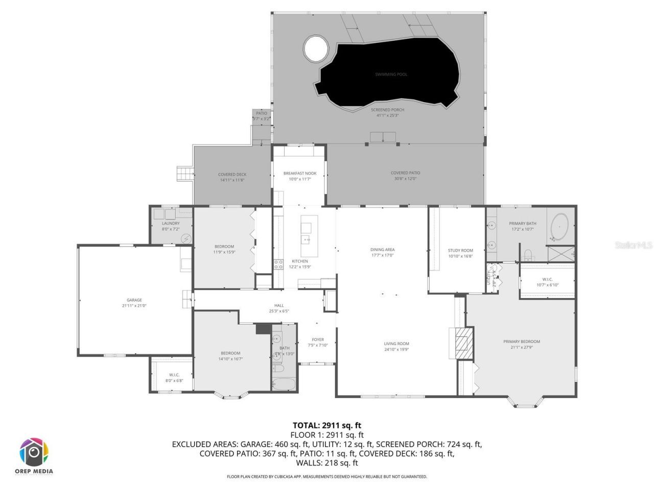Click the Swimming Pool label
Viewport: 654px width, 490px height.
coord(391,75)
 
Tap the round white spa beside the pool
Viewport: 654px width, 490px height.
coord(316,49)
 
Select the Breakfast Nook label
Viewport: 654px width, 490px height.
coord(300,174)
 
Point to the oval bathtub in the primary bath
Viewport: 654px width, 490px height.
coord(560,227)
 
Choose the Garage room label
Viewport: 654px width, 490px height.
coord(134,300)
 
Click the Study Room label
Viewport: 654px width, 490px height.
coord(460,251)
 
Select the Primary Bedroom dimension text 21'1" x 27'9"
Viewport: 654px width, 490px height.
coord(521,348)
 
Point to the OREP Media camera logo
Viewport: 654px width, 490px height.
coord(34,452)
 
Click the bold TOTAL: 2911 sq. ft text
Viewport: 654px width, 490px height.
coord(327,425)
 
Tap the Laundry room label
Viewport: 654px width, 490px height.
coord(171,224)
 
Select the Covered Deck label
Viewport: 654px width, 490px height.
coord(232,175)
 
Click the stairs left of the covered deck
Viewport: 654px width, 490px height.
coord(183,174)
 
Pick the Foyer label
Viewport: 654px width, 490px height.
coord(318,339)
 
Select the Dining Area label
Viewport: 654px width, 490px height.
coord(382,250)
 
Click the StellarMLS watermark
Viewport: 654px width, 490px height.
coord(634,246)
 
